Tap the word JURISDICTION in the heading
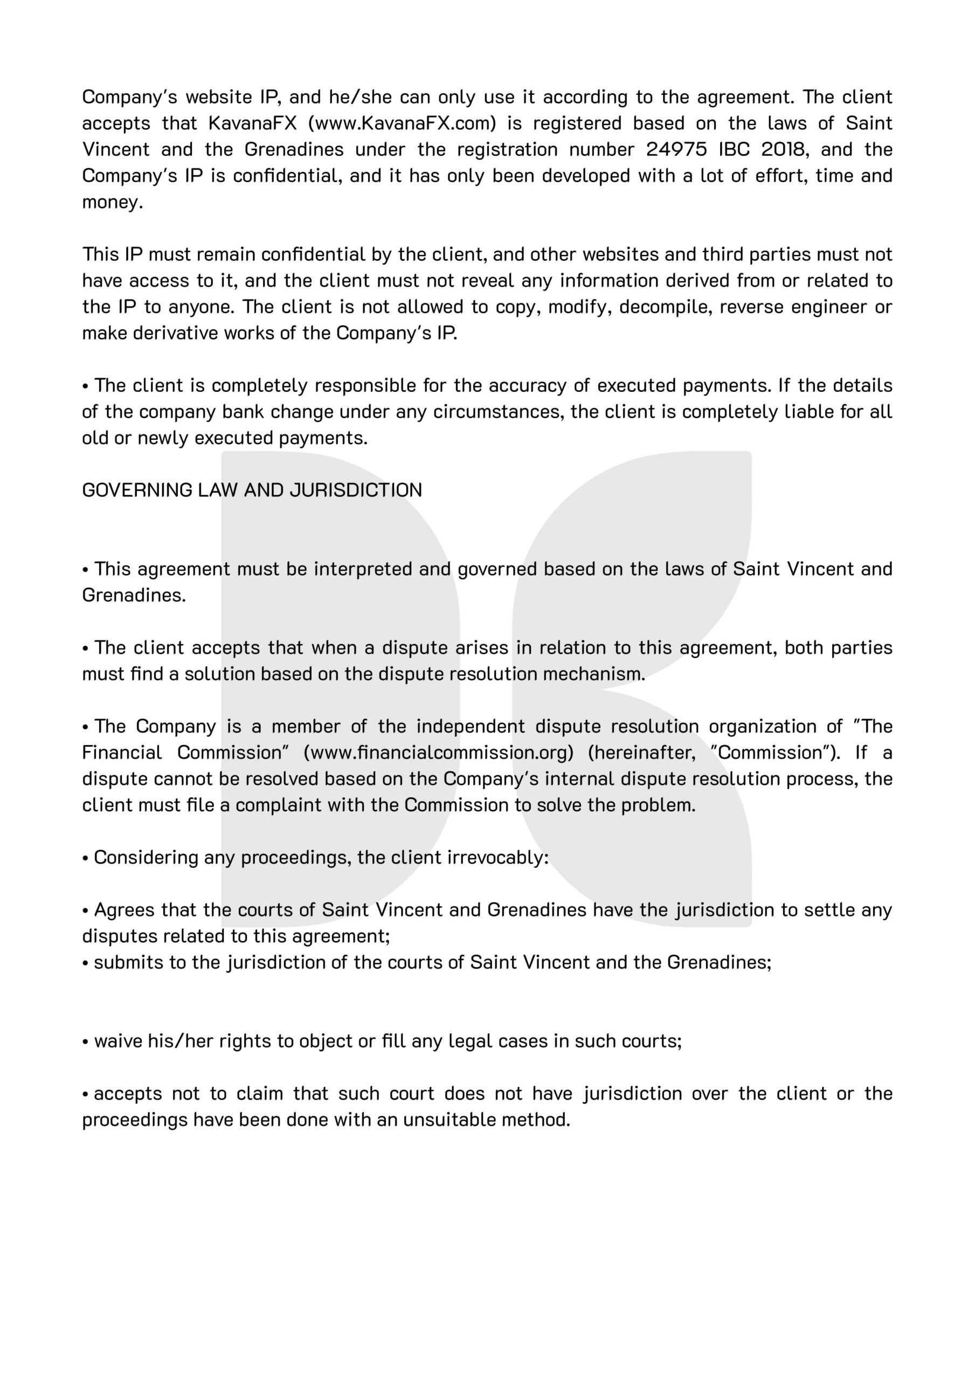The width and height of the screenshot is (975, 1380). [356, 490]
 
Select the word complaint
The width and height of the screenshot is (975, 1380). [278, 805]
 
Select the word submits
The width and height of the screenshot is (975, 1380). [128, 962]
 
